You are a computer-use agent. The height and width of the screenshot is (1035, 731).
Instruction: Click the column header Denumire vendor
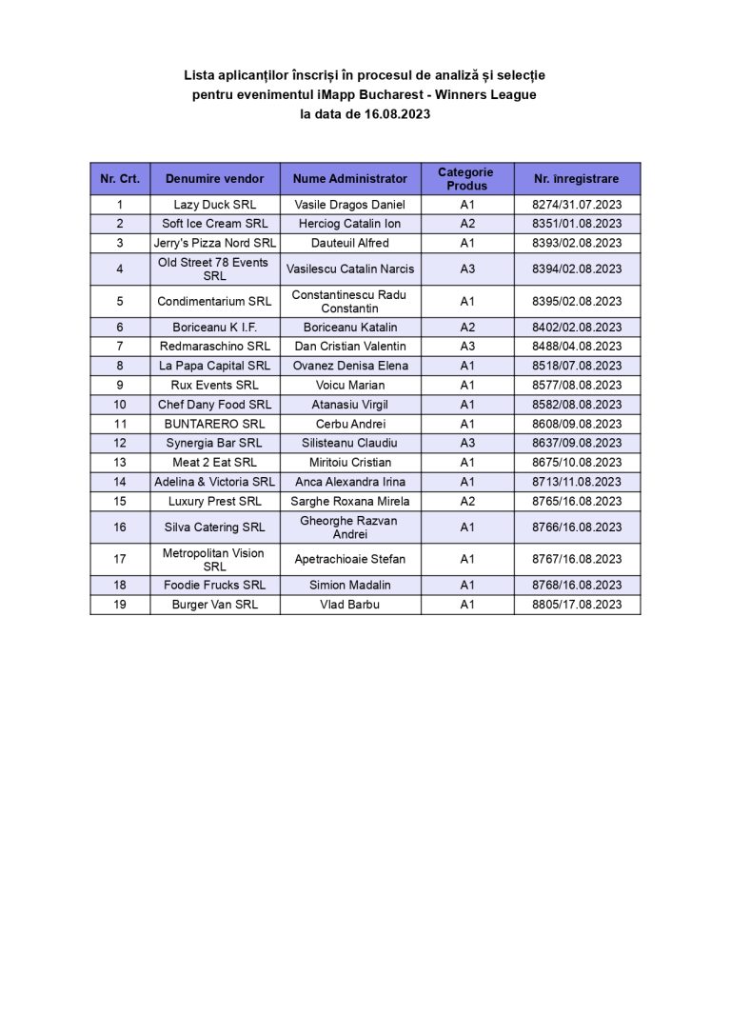click(214, 179)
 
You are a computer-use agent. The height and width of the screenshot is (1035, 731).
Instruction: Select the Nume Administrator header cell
click(349, 179)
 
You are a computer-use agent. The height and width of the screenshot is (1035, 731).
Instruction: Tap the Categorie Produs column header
click(466, 179)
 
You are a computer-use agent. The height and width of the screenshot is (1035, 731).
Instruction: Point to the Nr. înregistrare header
click(576, 179)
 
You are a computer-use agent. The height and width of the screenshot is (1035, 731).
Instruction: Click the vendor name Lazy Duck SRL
click(214, 205)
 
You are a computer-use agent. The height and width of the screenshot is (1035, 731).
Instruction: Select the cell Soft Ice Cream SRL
click(214, 224)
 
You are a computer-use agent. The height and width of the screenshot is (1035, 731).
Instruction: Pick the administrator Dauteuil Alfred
click(349, 243)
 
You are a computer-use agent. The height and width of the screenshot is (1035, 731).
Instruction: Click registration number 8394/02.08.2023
click(576, 269)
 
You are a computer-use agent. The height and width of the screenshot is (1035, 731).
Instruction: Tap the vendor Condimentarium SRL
click(214, 301)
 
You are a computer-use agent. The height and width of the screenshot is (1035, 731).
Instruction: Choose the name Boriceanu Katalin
click(349, 328)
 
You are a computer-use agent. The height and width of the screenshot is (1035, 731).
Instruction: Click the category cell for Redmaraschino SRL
click(466, 347)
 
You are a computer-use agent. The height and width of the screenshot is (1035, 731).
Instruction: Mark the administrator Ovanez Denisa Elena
click(349, 366)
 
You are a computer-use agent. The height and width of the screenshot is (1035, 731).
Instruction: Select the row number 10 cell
click(120, 405)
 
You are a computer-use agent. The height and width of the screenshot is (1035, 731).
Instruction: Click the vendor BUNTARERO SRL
click(214, 424)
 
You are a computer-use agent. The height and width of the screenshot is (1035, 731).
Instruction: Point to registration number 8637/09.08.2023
click(576, 443)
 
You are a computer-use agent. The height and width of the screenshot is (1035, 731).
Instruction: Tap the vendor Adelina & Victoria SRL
click(214, 482)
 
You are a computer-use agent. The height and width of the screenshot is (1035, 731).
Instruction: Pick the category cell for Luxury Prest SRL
click(466, 501)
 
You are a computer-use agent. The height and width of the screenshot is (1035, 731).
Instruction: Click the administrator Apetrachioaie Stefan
click(349, 559)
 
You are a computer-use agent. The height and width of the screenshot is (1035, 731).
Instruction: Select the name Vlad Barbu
click(349, 605)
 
